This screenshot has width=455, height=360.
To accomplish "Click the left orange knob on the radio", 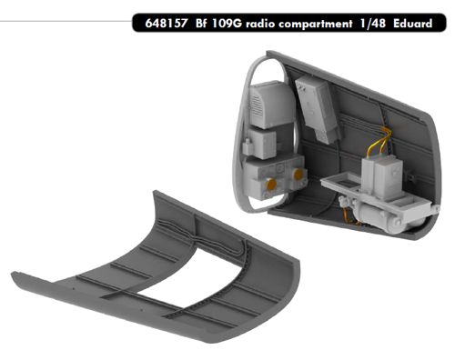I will [x=271, y=185].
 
